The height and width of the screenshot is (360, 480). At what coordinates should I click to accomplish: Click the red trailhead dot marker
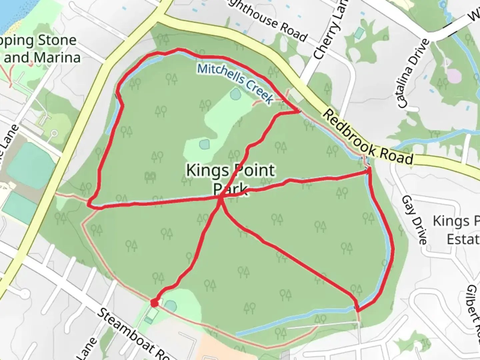point(154,303)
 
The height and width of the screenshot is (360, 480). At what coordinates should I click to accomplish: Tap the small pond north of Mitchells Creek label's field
point(235,94)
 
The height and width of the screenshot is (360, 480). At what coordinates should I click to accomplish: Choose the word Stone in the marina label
point(57,41)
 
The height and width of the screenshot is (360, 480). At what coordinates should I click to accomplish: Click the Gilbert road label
point(473,308)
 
